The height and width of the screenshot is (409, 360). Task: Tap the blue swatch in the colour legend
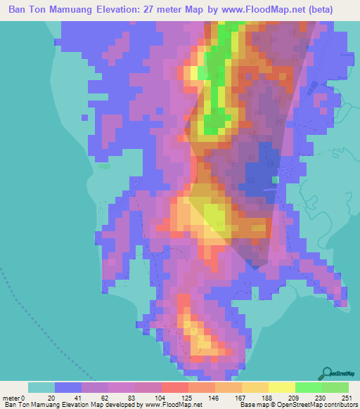tap(68, 387)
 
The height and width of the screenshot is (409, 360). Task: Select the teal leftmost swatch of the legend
tap(41, 387)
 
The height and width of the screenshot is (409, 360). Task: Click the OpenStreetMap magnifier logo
tap(326, 373)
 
